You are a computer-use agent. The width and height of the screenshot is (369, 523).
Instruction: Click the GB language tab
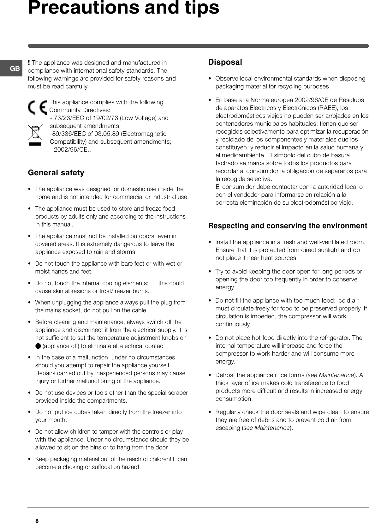pos(15,68)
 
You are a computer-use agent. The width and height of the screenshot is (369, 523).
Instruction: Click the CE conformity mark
pos(37,108)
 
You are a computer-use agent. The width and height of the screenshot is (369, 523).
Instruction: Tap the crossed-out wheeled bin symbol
pos(35,132)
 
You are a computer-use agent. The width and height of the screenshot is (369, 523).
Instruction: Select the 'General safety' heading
pos(56,173)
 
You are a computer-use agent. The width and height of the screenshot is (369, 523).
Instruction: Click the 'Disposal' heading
pos(225,62)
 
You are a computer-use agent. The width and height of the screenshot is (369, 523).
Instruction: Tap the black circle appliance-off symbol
pos(38,346)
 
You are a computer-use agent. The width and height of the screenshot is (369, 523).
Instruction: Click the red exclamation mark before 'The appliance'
pos(29,63)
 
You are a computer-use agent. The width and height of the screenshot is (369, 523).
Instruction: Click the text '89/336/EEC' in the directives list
pos(65,134)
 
